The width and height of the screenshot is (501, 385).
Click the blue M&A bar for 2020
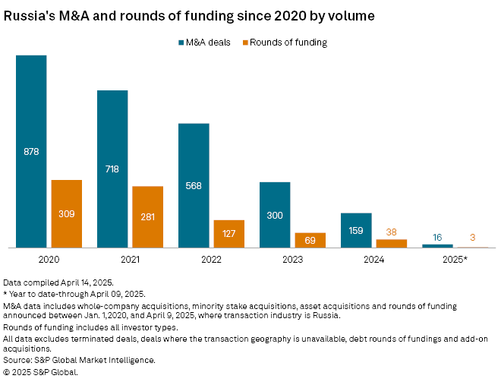[31, 151]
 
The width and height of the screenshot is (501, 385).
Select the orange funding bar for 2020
[66, 213]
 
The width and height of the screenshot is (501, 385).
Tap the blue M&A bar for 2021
[112, 169]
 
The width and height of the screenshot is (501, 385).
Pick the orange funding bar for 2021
[147, 216]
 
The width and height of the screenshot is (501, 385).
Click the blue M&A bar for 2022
[194, 185]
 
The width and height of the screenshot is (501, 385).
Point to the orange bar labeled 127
[228, 233]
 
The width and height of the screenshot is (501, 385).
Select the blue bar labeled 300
[275, 215]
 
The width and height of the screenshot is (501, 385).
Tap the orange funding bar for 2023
[310, 240]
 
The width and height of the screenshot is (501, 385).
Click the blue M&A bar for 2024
[356, 230]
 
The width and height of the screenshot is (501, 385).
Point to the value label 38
[391, 232]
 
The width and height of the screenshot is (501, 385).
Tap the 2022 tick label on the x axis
[211, 259]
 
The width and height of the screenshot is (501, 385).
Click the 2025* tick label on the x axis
[455, 259]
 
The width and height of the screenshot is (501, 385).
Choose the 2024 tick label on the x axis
[373, 259]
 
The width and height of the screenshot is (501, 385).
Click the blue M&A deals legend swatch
[180, 43]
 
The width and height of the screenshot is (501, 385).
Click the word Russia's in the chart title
[26, 14]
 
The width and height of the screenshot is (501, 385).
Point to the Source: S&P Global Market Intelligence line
[79, 360]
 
